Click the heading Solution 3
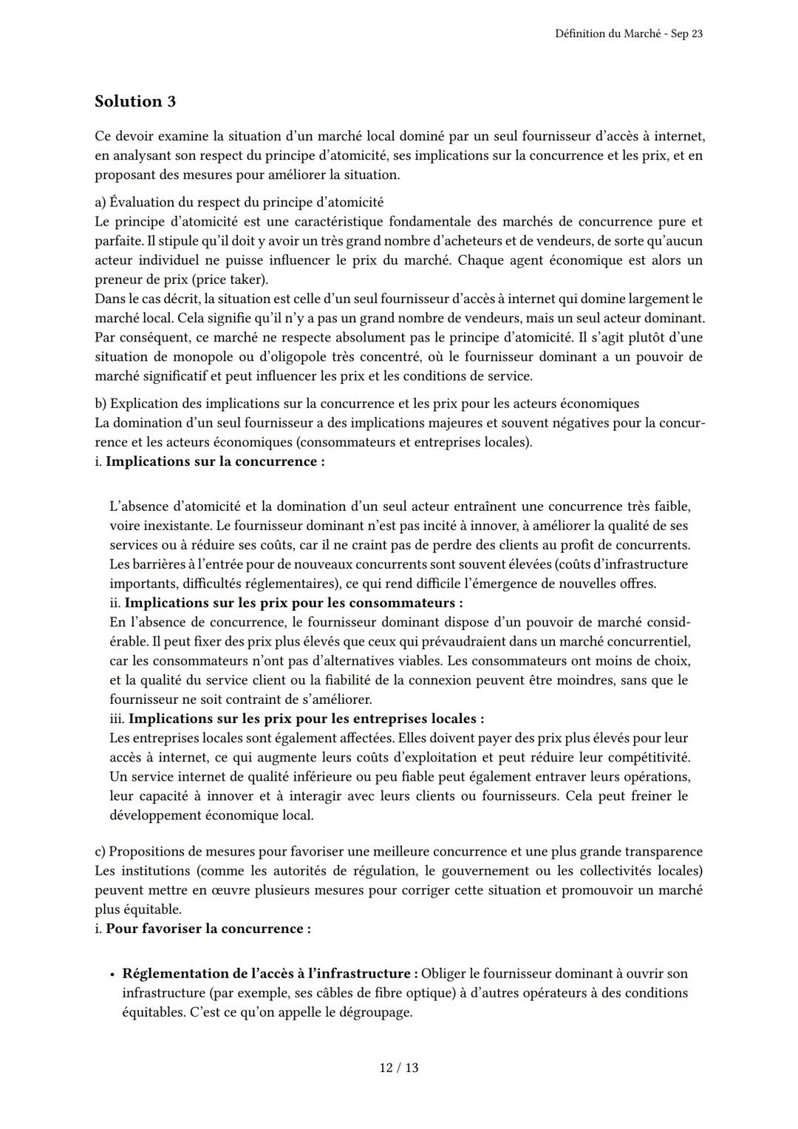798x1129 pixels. [x=135, y=101]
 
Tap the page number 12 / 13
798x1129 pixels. [x=399, y=1068]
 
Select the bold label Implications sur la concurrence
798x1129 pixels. [x=214, y=461]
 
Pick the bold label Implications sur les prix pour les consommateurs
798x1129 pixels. [x=293, y=603]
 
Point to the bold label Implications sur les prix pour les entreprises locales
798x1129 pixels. [x=306, y=719]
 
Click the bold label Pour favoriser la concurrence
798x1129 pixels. [x=208, y=929]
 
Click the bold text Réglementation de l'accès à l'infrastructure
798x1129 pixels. [x=270, y=974]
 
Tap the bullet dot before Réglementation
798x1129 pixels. [x=111, y=974]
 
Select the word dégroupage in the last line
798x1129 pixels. [x=375, y=1012]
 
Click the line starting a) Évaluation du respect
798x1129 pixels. [x=239, y=202]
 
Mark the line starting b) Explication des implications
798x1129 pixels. [x=366, y=404]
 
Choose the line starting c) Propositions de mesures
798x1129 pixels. [x=398, y=852]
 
